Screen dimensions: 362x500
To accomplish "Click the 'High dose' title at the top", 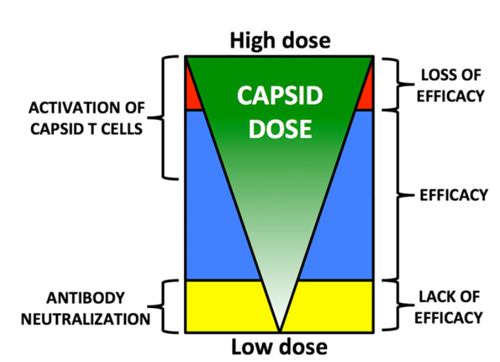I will click(x=280, y=40).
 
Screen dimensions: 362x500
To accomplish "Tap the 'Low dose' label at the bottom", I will click(x=280, y=346).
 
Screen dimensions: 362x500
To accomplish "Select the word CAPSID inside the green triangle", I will click(x=280, y=96).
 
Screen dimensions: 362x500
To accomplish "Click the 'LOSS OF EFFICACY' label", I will click(x=451, y=85).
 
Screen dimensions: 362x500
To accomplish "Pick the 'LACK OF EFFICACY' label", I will click(x=451, y=307).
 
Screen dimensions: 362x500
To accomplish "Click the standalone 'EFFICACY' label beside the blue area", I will click(x=454, y=195).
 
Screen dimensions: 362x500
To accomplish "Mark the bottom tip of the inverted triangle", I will click(x=280, y=330).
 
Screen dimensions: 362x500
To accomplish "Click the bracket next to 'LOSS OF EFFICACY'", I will click(x=393, y=83).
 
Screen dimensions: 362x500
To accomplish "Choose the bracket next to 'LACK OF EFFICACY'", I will click(x=393, y=306).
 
